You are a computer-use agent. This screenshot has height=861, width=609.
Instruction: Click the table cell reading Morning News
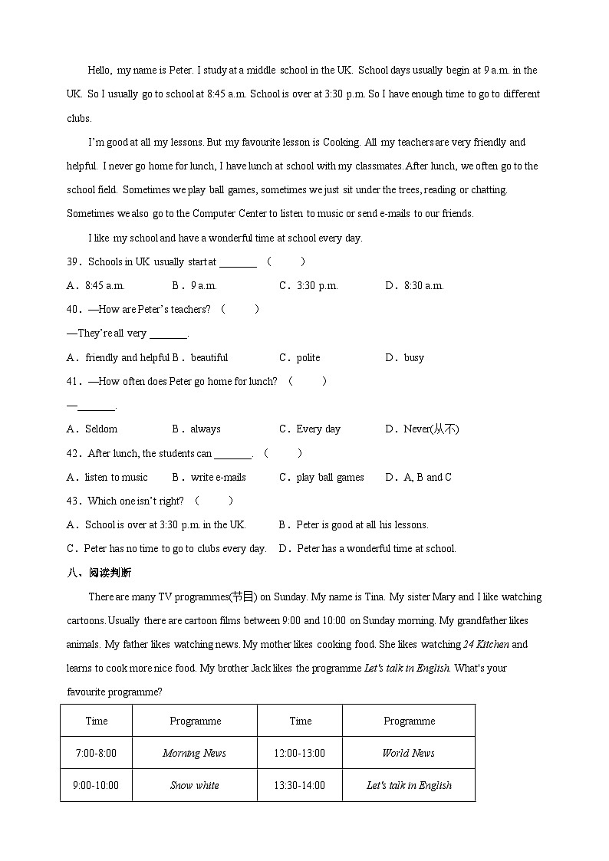tap(194, 753)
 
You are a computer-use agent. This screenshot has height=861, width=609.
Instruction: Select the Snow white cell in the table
tap(194, 785)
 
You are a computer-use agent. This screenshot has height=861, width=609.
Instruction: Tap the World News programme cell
tap(408, 753)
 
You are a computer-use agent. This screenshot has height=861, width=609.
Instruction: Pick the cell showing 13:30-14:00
tap(299, 785)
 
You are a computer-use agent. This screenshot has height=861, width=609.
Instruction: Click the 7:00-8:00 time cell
tap(96, 753)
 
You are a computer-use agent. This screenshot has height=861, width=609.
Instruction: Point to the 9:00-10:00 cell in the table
tap(96, 785)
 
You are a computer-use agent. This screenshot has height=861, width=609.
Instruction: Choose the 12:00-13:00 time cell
tap(299, 753)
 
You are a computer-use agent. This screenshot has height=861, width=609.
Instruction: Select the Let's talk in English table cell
tap(408, 785)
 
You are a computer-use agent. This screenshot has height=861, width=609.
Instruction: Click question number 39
tap(74, 261)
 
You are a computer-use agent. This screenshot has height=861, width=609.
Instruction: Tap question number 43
tap(74, 501)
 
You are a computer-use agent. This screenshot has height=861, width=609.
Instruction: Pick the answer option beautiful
tap(209, 357)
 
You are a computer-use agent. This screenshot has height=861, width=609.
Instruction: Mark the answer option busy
tap(413, 357)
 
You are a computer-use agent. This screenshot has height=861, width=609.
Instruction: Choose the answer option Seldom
tap(100, 429)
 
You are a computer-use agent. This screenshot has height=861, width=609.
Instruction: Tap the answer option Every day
tap(318, 429)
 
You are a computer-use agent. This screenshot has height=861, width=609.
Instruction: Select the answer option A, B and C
tap(427, 477)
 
